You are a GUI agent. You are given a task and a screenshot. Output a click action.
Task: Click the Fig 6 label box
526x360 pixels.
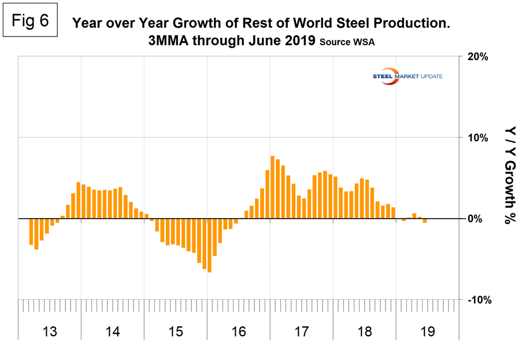[35, 22]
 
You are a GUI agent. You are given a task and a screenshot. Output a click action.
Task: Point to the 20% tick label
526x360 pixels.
[477, 57]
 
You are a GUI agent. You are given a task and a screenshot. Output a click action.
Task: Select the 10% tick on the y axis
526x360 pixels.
[477, 138]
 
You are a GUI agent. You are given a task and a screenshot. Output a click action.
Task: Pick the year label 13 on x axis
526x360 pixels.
[50, 332]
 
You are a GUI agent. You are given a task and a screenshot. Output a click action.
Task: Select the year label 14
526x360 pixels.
[113, 332]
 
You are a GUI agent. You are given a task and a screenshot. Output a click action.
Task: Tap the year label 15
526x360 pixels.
[176, 332]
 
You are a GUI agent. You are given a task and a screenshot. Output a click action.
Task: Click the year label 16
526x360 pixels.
[239, 332]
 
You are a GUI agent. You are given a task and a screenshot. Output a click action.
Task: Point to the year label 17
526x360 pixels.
[302, 332]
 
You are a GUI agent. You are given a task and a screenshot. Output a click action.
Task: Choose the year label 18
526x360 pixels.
[365, 332]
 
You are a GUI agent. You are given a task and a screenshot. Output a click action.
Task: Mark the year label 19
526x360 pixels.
[428, 332]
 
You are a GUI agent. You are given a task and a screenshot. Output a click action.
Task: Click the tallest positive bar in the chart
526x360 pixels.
[272, 187]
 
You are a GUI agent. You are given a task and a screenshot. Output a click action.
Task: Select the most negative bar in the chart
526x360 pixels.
[209, 245]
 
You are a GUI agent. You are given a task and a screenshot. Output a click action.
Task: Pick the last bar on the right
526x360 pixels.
[425, 221]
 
